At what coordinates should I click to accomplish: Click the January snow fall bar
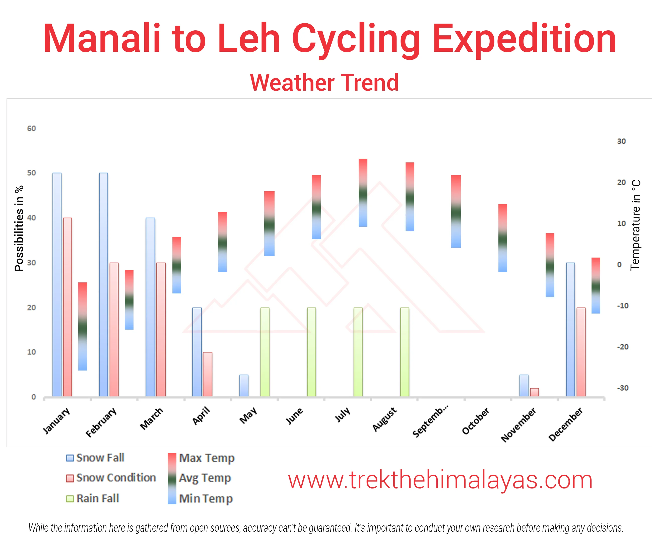pyautogui.click(x=57, y=284)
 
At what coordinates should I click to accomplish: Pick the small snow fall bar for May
pyautogui.click(x=244, y=386)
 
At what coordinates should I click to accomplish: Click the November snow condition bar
pyautogui.click(x=534, y=392)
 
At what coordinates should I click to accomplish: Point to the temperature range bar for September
pyautogui.click(x=456, y=212)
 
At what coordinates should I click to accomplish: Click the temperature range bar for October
pyautogui.click(x=503, y=238)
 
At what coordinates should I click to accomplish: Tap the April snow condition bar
pyautogui.click(x=208, y=374)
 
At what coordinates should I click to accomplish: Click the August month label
pyautogui.click(x=384, y=419)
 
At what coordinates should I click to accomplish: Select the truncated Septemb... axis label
pyautogui.click(x=430, y=421)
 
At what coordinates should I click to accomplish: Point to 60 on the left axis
pyautogui.click(x=31, y=129)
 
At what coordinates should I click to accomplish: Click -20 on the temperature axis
pyautogui.click(x=623, y=347)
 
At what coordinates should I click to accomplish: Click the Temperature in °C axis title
pyautogui.click(x=635, y=225)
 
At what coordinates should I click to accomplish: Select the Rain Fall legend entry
pyautogui.click(x=93, y=499)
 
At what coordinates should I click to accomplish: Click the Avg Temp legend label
pyautogui.click(x=205, y=478)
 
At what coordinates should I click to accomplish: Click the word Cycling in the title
pyautogui.click(x=356, y=39)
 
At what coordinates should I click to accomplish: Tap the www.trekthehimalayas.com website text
pyautogui.click(x=440, y=480)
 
